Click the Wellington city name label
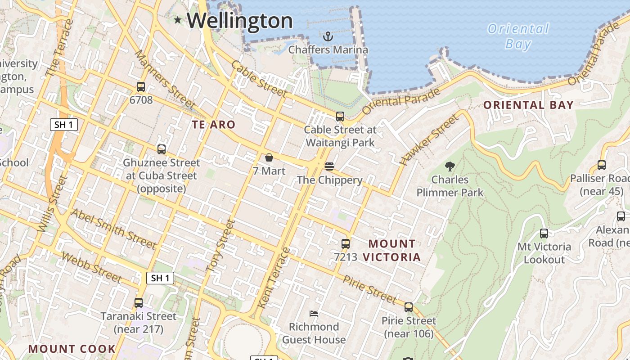[239, 21]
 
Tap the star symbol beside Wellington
[178, 20]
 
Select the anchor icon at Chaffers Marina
[328, 36]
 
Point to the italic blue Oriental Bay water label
[518, 36]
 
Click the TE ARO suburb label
[214, 125]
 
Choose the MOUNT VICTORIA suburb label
[392, 251]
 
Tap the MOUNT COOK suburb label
[72, 349]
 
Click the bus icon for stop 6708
[141, 87]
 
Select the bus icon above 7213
[345, 244]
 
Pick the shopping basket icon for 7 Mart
[269, 157]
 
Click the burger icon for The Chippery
[329, 166]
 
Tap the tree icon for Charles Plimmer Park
[450, 166]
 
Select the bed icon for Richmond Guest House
[314, 313]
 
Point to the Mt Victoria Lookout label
[544, 253]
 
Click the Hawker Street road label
[429, 139]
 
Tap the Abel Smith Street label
[113, 229]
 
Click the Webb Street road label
[91, 268]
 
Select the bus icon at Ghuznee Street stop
[161, 149]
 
